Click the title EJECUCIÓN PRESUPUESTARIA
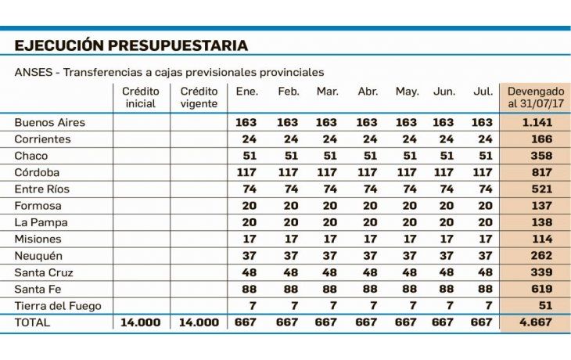coord(131,45)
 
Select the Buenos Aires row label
coord(50,122)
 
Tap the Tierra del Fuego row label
coord(59,305)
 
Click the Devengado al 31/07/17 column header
coord(535,97)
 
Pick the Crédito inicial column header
coord(141,97)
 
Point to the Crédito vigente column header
coord(198,97)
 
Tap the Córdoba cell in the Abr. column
coord(367,172)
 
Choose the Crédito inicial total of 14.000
coord(141,322)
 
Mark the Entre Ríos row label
coord(43,189)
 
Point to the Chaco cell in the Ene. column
coord(247,156)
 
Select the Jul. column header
coord(483,92)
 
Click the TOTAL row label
coord(32,322)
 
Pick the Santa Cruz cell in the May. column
coord(407,272)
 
